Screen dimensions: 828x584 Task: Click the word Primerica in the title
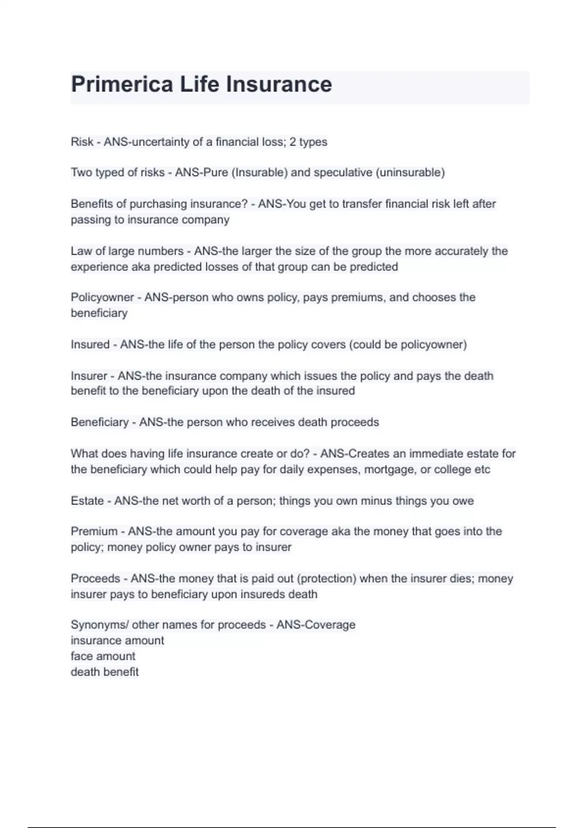(122, 84)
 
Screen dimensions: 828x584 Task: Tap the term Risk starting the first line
(82, 142)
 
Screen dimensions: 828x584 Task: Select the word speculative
(343, 172)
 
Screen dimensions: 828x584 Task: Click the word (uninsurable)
(410, 172)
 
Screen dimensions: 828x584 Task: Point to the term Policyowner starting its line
(102, 297)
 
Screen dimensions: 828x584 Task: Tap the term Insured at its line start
(90, 344)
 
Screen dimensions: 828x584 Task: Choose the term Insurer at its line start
(89, 376)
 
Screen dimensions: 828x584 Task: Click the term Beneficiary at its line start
(99, 422)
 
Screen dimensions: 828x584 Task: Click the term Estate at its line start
(87, 501)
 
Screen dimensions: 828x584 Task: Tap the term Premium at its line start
(94, 531)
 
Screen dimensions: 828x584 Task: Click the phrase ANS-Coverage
(316, 624)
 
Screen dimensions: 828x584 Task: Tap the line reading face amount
(103, 656)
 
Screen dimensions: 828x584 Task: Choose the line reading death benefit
(105, 672)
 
